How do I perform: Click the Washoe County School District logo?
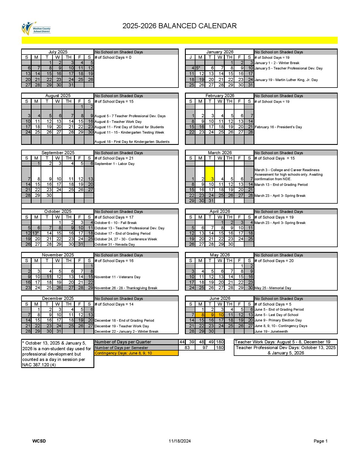pos(36,28)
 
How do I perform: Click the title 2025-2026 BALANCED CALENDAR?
pos(180,26)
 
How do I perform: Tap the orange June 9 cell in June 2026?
pos(210,315)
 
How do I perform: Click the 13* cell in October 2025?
pos(36,233)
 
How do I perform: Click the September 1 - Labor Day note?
pos(115,164)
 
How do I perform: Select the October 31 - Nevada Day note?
pos(115,245)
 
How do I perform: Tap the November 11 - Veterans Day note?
pos(117,277)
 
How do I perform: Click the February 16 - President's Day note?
pos(278,127)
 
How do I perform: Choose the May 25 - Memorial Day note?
pos(273,288)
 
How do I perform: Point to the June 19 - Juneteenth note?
pos(271,332)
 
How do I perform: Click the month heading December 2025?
pos(58,299)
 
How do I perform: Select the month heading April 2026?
pos(220,212)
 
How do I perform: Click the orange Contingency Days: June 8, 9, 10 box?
pos(136,353)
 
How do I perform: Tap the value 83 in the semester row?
pos(187,348)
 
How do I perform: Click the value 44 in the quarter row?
pos(182,342)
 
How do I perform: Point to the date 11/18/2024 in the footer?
pos(180,441)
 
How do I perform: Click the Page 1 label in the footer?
pos(320,441)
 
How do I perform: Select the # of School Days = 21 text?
pos(114,158)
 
